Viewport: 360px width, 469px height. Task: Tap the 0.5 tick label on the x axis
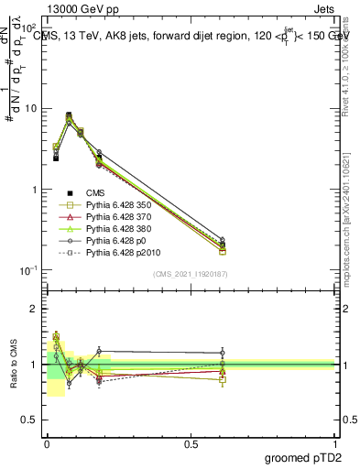[191, 443]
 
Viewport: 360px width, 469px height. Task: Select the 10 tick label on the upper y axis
[32, 109]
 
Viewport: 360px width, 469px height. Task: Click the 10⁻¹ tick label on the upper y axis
[30, 270]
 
